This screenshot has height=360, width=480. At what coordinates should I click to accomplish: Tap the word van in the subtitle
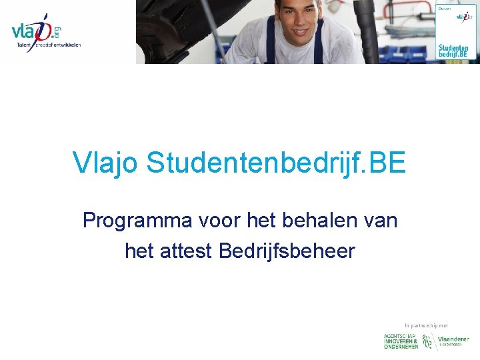point(379,220)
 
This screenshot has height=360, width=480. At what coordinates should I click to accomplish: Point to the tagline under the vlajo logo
point(49,45)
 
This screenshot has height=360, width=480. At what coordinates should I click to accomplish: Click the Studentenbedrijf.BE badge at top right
point(457,31)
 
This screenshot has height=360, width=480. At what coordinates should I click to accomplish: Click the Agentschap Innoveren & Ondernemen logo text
point(401,341)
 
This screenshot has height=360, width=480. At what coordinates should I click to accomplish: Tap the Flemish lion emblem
point(429,341)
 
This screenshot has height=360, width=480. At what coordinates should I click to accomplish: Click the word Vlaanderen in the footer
point(453,339)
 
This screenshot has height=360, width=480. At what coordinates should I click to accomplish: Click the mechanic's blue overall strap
point(271,40)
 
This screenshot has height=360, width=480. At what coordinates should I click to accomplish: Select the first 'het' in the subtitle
point(255,220)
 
